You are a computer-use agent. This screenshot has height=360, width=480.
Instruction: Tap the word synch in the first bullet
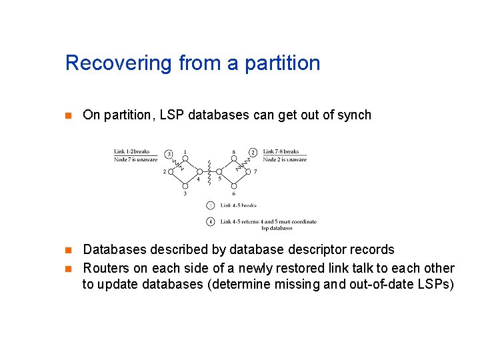(355, 115)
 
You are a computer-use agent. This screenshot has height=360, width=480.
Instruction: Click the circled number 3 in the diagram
(169, 153)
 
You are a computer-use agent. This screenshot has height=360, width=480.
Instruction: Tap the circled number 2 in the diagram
(253, 153)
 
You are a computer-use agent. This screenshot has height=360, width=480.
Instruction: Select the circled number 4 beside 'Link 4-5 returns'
(210, 221)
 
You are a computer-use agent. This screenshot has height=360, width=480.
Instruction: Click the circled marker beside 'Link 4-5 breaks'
(210, 205)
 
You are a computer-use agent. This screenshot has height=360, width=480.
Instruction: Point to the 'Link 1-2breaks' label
(132, 151)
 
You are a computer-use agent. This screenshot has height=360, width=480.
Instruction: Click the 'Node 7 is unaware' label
(135, 159)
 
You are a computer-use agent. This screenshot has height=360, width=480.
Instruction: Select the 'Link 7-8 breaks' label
(281, 151)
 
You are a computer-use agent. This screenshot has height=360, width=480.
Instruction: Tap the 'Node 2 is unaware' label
(285, 159)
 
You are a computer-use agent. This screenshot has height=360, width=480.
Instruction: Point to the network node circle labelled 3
(185, 186)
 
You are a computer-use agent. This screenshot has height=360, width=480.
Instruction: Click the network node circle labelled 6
(233, 186)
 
